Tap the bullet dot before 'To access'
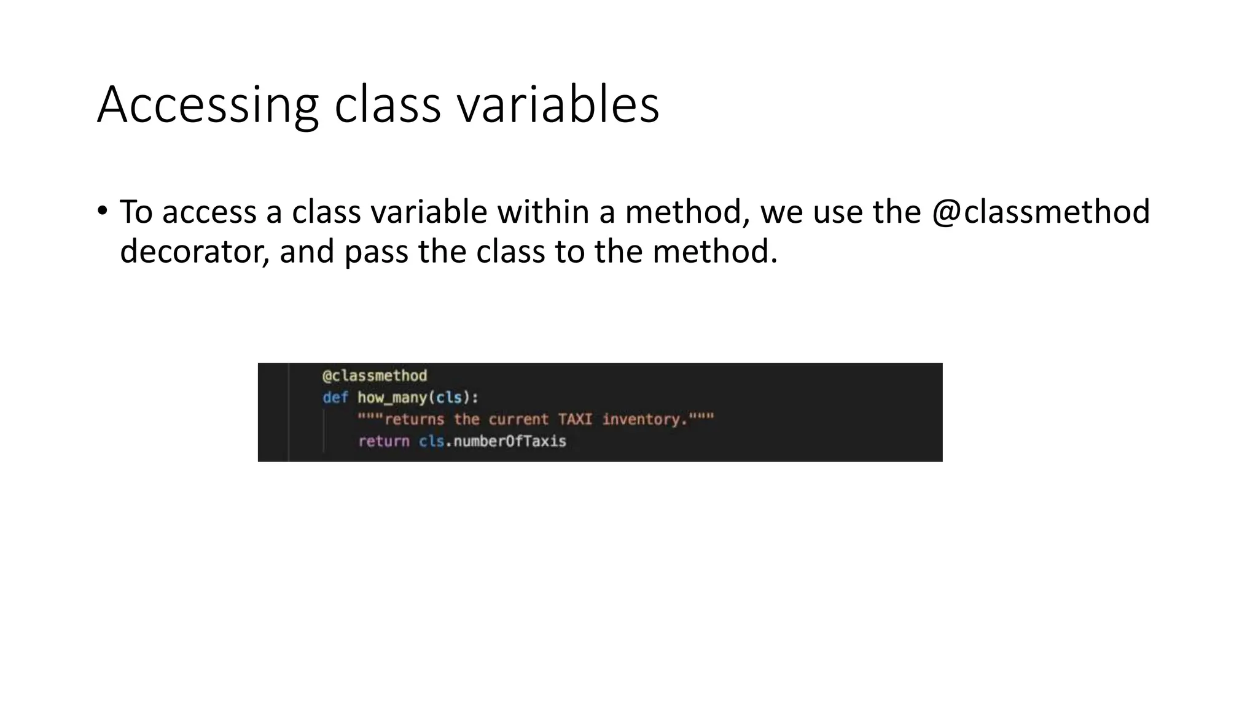click(102, 211)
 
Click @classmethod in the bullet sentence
click(1041, 212)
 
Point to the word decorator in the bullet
click(194, 252)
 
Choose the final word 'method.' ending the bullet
click(715, 252)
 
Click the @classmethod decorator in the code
click(375, 376)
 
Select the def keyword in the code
click(335, 398)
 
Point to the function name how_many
click(392, 398)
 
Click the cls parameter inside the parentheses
click(448, 398)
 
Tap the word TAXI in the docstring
click(575, 420)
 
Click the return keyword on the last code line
click(383, 441)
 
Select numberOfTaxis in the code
click(509, 441)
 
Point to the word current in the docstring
click(518, 420)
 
